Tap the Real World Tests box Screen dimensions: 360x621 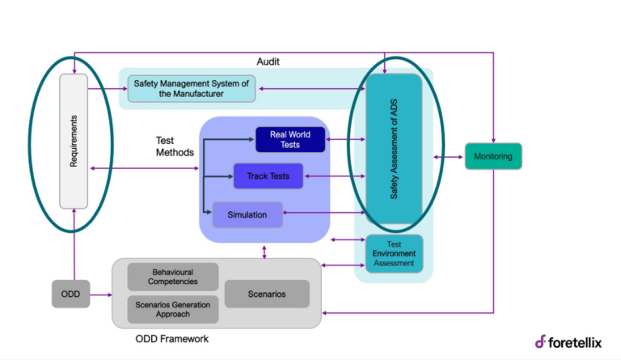(289, 139)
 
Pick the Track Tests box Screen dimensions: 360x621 (262, 176)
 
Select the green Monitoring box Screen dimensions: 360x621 (493, 156)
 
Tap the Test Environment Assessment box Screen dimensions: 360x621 (394, 253)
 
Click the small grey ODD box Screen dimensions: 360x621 (70, 294)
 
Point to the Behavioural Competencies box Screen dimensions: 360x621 (173, 276)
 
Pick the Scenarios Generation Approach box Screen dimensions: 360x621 (173, 309)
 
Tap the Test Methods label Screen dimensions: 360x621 (175, 146)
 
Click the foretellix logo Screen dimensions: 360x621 (568, 341)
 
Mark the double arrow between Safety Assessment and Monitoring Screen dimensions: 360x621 (449, 156)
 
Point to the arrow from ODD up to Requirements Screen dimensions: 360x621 (74, 243)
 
